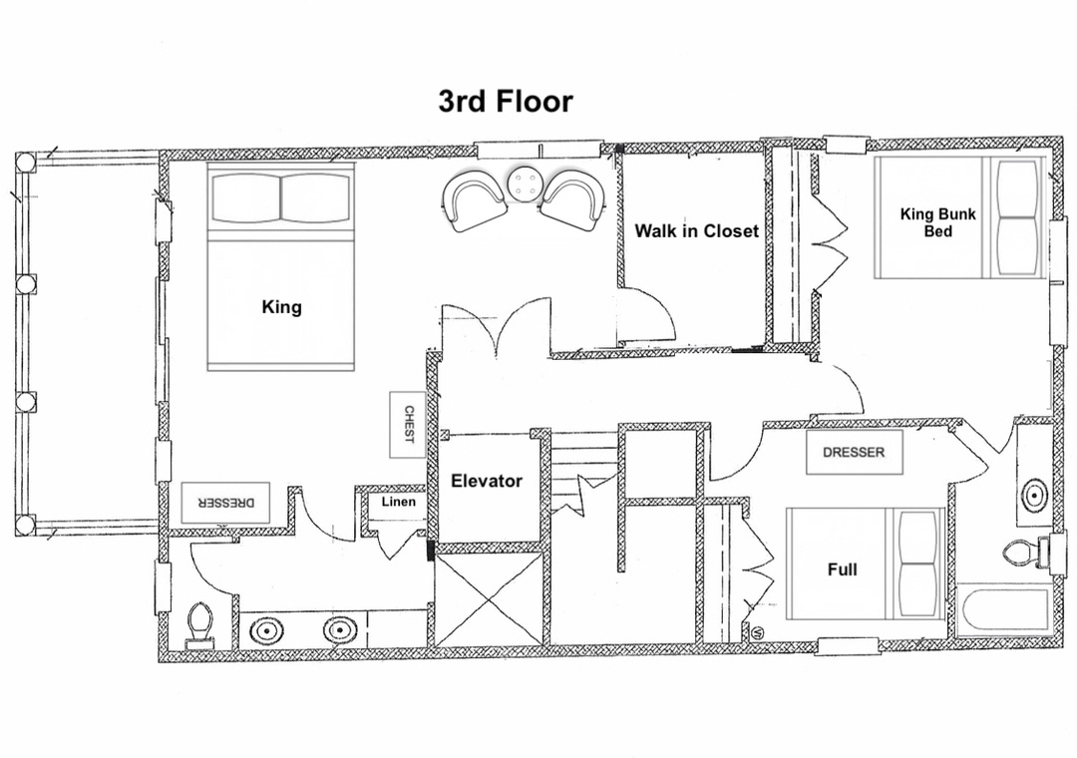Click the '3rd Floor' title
(506, 101)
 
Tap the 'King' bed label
(281, 306)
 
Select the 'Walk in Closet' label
(696, 231)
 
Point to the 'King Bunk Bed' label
(937, 222)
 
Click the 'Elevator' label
(487, 481)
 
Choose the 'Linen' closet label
(398, 502)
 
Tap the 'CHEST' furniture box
(408, 425)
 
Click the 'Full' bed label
(842, 569)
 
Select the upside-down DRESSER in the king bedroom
(225, 503)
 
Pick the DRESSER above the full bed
(854, 452)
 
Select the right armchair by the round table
(574, 199)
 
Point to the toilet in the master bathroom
(199, 624)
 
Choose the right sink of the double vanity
(337, 630)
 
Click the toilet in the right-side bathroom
(1025, 552)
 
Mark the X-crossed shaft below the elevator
(489, 595)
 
